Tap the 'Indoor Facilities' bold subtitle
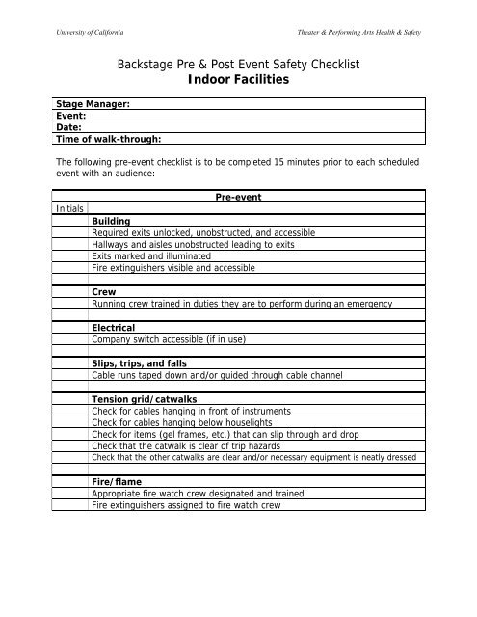click(238, 82)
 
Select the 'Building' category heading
click(111, 221)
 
